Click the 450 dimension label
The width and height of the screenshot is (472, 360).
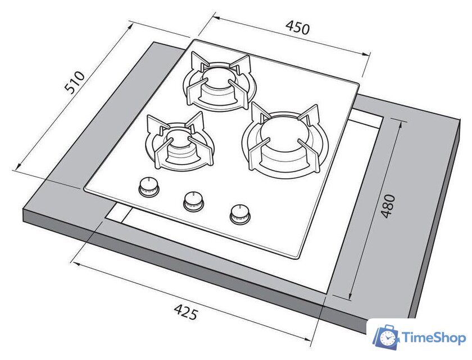[297, 28]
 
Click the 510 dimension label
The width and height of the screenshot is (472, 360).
[75, 82]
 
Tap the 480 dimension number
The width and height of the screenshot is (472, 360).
[388, 206]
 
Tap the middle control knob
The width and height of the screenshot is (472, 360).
[193, 201]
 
